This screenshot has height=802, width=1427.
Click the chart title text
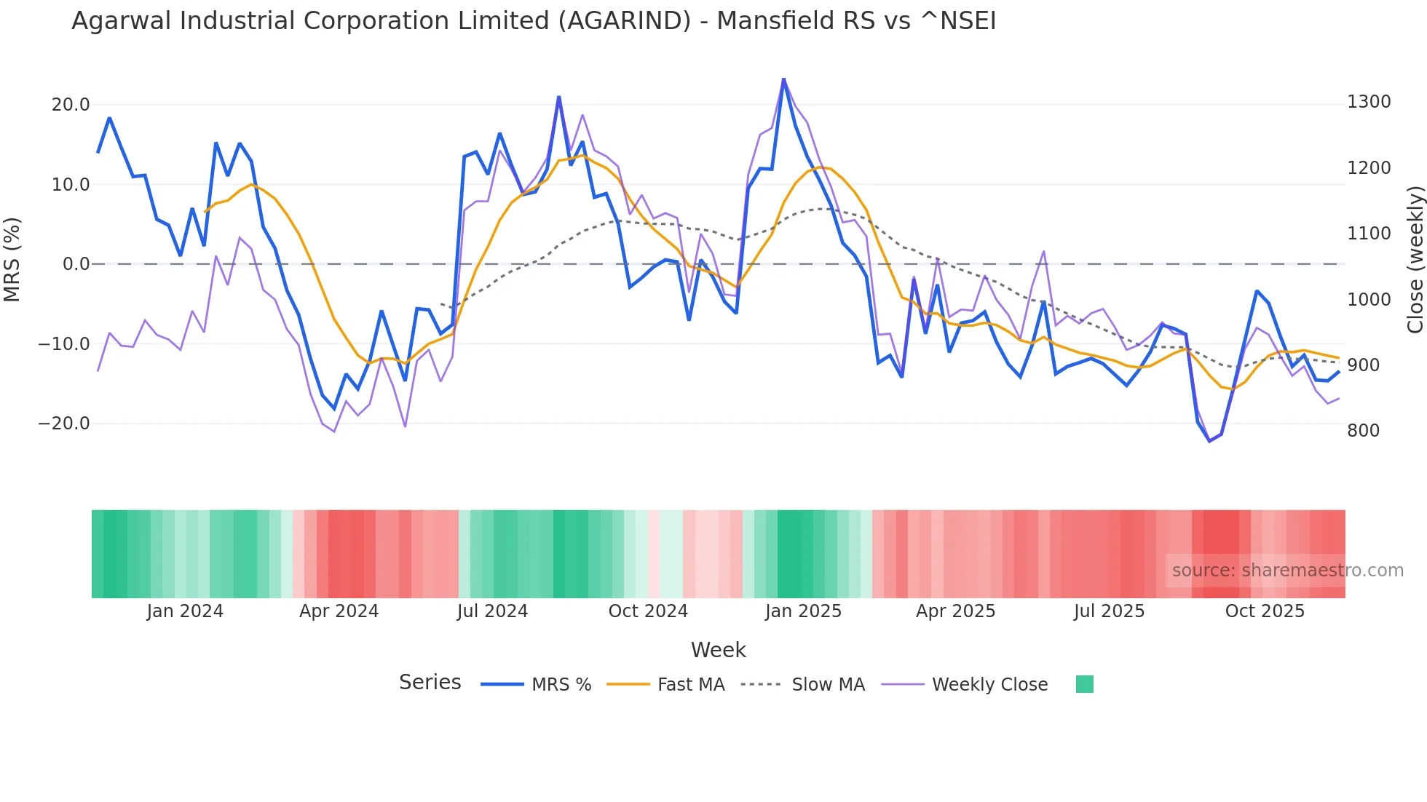point(533,21)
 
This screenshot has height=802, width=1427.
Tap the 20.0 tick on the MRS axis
point(70,105)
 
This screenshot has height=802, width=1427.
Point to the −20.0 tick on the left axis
point(64,424)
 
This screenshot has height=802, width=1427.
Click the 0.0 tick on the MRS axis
point(76,264)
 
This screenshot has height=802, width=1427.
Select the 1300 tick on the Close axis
point(1369,102)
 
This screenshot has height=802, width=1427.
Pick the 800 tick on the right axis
point(1363,431)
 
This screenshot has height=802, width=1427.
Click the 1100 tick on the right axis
point(1369,234)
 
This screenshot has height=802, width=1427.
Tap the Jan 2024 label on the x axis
point(185,611)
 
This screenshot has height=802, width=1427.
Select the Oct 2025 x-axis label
point(1265,611)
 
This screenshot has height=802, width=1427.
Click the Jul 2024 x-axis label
point(492,611)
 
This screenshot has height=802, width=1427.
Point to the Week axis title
point(718,650)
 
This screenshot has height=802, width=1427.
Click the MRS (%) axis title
point(12,259)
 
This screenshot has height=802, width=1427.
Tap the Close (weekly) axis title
point(1415,260)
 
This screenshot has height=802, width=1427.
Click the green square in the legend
point(1084,684)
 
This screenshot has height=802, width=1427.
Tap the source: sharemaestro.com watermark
point(1287,571)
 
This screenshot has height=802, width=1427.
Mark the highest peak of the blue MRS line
point(783,79)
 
